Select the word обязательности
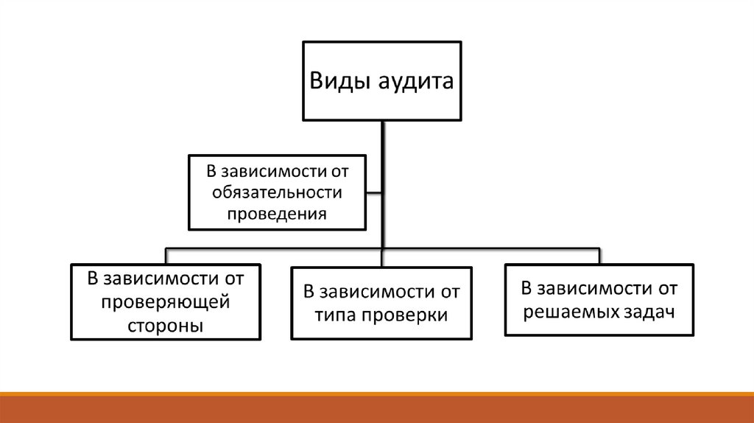tap(277, 192)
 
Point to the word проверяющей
tap(166, 301)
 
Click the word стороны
tap(166, 324)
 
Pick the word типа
tap(337, 315)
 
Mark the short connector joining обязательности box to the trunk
tap(374, 193)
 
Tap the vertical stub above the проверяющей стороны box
tap(166, 255)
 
